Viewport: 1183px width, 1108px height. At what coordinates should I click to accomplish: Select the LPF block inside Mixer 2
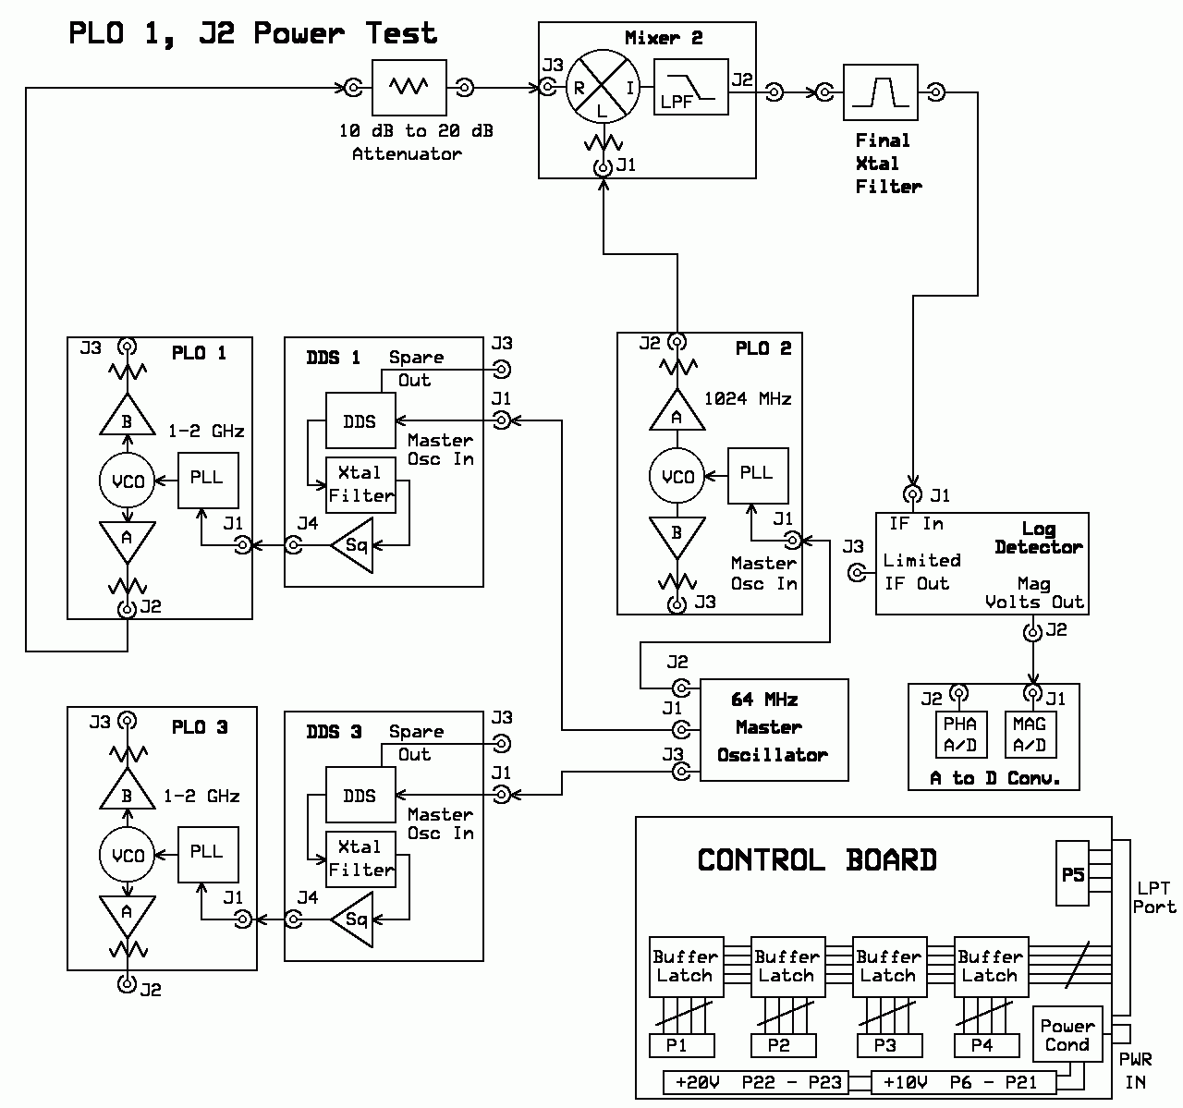690,86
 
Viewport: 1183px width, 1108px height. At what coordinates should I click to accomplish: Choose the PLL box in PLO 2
758,475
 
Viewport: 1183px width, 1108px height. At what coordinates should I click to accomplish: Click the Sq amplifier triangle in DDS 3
352,919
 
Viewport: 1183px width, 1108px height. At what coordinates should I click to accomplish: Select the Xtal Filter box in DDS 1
360,485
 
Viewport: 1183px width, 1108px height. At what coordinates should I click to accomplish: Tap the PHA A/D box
961,735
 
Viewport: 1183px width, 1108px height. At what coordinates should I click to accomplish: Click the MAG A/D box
1031,735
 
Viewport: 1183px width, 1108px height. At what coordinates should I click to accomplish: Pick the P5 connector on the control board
1072,873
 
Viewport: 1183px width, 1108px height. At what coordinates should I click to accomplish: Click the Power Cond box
1067,1034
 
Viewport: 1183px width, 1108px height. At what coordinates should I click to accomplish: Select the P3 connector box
889,1045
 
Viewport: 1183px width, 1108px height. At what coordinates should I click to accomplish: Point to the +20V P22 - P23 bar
756,1082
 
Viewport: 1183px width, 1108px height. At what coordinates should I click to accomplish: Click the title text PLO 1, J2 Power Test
252,33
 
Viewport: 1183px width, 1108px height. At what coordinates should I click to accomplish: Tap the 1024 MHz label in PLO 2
748,398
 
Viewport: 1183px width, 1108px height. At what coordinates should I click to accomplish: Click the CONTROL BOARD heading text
817,860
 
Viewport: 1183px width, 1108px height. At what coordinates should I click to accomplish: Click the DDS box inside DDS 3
360,795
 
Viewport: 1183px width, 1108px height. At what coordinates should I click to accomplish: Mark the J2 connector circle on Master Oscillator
681,688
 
